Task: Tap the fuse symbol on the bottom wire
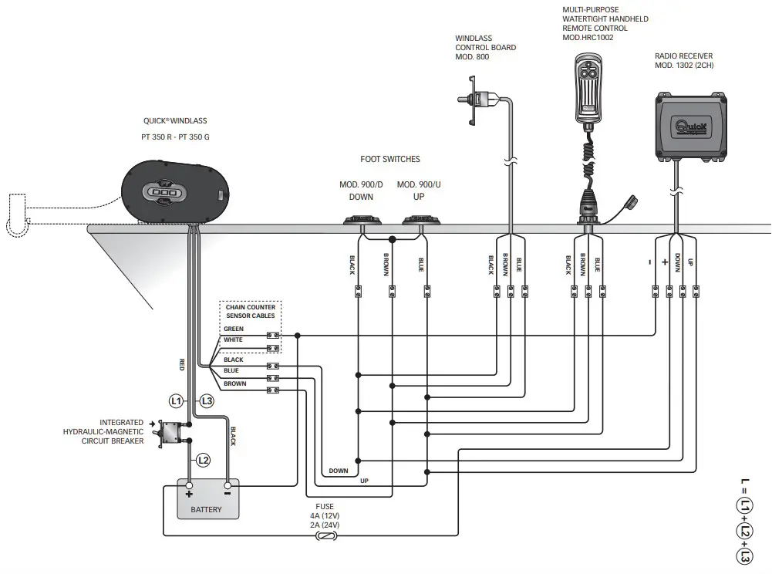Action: (324, 535)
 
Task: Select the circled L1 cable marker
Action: (177, 400)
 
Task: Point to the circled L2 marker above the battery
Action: (203, 460)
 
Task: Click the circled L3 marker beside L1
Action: (206, 400)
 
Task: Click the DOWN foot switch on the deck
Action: (361, 221)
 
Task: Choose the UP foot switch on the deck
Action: (420, 221)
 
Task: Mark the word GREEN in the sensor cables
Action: (234, 329)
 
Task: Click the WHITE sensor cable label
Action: (233, 340)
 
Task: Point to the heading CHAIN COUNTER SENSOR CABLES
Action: (250, 312)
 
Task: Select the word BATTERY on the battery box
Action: (206, 509)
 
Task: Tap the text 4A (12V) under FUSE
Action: (324, 515)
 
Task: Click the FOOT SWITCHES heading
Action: (390, 160)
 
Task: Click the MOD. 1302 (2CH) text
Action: (685, 66)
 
